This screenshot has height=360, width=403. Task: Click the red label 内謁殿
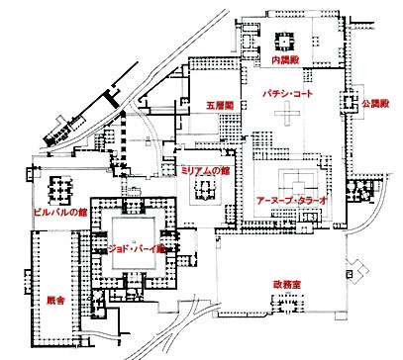(285, 60)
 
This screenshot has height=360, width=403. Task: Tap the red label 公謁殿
(375, 104)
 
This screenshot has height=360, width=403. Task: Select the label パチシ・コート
(287, 94)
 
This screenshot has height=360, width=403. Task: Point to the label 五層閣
(220, 106)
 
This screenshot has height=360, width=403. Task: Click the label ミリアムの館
(206, 171)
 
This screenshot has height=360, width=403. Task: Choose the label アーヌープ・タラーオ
(292, 201)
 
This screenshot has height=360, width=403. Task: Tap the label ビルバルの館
(60, 213)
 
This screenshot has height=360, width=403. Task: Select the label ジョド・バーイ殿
(137, 249)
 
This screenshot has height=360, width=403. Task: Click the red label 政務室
(287, 285)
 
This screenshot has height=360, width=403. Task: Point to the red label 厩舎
(55, 301)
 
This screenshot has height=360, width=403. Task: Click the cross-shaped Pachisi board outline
(287, 113)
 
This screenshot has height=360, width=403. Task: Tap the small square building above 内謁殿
(283, 41)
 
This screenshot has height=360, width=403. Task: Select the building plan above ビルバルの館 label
(60, 191)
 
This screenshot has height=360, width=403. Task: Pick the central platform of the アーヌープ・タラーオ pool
(298, 188)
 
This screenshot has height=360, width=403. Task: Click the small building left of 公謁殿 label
(350, 102)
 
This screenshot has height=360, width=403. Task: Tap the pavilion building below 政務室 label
(287, 304)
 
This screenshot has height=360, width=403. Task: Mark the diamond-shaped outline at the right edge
(357, 272)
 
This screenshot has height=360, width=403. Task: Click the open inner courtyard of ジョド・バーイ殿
(134, 243)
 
